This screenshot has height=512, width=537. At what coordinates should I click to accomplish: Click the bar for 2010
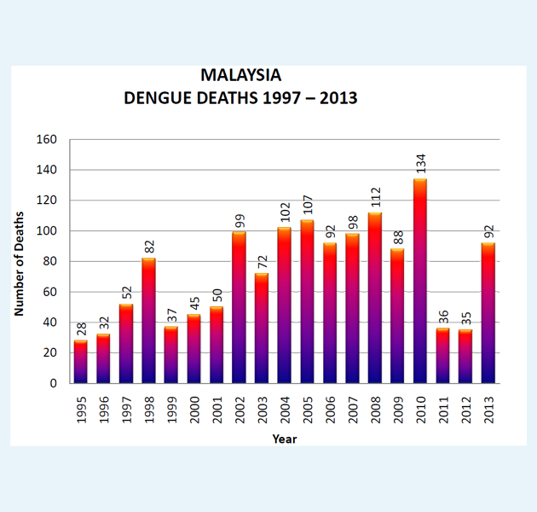tap(419, 281)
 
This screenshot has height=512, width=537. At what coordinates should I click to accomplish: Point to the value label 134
tap(420, 164)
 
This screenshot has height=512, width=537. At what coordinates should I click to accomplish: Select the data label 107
tap(307, 205)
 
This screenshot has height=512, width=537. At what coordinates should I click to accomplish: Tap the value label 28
tap(81, 329)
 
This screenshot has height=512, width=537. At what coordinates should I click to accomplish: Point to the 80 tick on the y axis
tap(50, 261)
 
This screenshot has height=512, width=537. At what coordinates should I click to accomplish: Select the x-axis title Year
tap(285, 439)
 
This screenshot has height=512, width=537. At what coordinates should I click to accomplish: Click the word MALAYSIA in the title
tap(240, 75)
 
